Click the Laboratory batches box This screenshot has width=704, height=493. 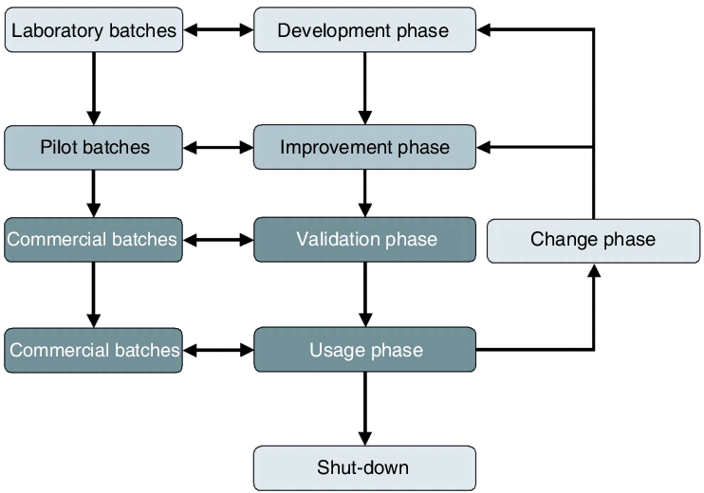(x=94, y=29)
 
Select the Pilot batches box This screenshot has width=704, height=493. (x=94, y=148)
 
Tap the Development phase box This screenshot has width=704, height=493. (x=364, y=29)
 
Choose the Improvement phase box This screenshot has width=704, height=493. (x=364, y=147)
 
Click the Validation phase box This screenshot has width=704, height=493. (x=364, y=240)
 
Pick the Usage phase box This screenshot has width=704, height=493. (x=364, y=350)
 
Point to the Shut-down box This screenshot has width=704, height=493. (x=364, y=468)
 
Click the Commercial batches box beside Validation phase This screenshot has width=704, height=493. (x=94, y=240)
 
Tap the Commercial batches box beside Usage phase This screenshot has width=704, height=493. (x=94, y=350)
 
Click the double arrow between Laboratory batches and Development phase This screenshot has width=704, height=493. (x=218, y=29)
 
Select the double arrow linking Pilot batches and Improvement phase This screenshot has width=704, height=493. (x=218, y=147)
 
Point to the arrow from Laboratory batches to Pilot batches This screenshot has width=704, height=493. (x=93, y=89)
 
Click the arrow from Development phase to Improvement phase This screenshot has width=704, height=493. (x=365, y=88)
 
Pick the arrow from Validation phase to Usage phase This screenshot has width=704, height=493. (x=365, y=295)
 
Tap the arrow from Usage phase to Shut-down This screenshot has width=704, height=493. (x=365, y=409)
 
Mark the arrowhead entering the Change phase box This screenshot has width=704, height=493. (x=594, y=270)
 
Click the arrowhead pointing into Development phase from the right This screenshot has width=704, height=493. (x=484, y=29)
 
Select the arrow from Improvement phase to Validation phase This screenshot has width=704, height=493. (x=365, y=193)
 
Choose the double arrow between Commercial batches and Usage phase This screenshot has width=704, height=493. (x=218, y=350)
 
